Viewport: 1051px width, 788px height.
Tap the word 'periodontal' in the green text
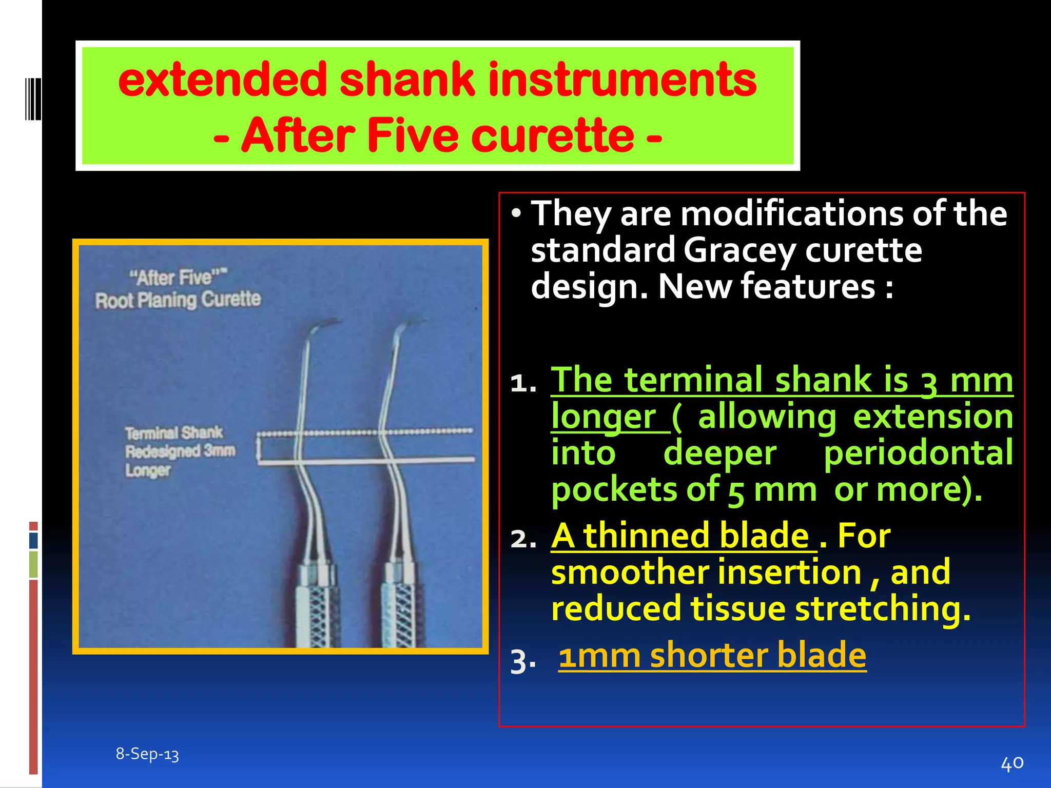(x=918, y=454)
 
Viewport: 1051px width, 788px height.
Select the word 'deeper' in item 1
(x=719, y=454)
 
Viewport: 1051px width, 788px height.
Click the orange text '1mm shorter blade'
(x=712, y=656)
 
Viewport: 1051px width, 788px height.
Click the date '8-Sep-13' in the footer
(x=147, y=754)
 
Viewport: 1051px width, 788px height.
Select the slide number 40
(x=1012, y=763)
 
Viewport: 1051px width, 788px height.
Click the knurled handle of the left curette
(x=317, y=610)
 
